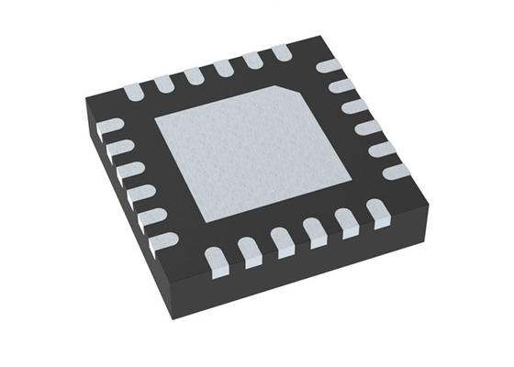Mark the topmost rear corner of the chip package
click(x=324, y=37)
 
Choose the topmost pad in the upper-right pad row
click(x=326, y=67)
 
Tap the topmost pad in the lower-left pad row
click(x=111, y=128)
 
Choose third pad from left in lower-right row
click(x=281, y=240)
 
